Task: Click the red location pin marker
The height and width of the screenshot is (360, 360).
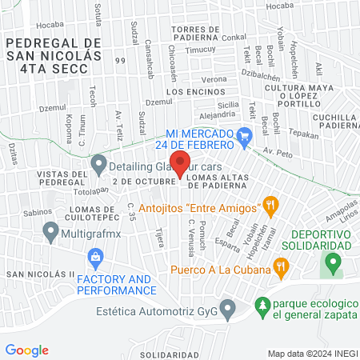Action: click(x=180, y=163)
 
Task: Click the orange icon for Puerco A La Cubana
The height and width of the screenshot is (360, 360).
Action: click(x=281, y=266)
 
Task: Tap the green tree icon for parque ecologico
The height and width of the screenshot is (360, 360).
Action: click(x=262, y=305)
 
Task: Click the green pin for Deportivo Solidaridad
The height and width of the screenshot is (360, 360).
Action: click(x=336, y=261)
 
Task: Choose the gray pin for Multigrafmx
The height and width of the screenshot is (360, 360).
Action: click(x=51, y=233)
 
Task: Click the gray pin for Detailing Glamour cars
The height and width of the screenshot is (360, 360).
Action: click(x=99, y=165)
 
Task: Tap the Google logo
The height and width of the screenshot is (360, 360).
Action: click(x=26, y=350)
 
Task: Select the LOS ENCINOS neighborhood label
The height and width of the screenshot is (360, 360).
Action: click(x=190, y=92)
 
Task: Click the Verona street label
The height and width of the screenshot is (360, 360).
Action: click(x=214, y=80)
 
